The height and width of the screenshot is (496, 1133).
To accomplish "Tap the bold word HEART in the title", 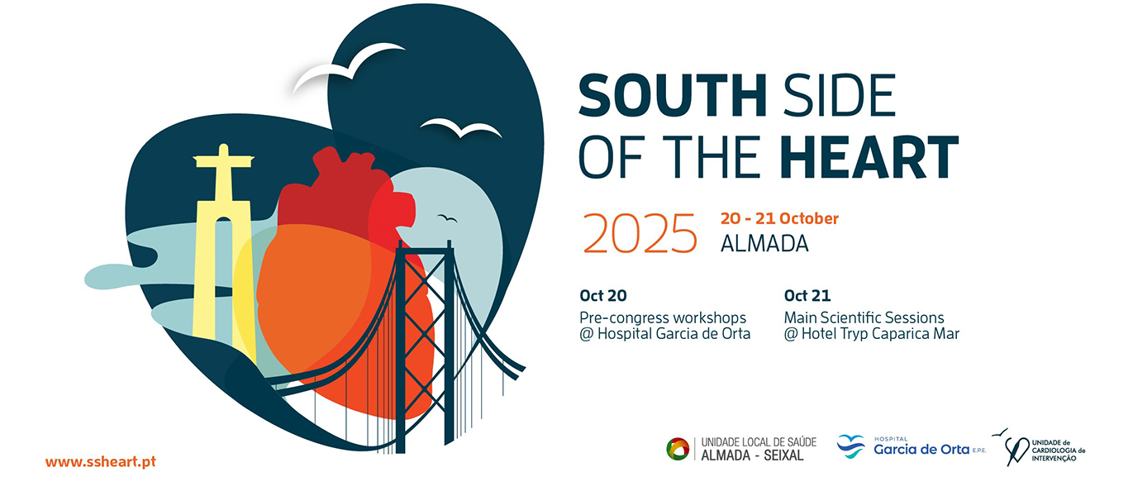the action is (x=869, y=157).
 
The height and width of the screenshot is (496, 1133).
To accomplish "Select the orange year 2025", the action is (x=640, y=233).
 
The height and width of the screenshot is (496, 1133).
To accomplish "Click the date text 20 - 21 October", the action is (x=779, y=218).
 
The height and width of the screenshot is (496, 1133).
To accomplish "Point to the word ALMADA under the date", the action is (x=764, y=244).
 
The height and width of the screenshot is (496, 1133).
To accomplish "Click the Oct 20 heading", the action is (x=603, y=295).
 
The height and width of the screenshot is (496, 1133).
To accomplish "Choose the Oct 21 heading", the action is (x=807, y=295).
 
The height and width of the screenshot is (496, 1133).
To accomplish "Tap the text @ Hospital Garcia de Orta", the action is (x=664, y=334).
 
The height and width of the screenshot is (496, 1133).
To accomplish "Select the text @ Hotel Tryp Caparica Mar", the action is (x=872, y=334).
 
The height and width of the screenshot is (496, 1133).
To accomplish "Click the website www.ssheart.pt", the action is (x=101, y=461).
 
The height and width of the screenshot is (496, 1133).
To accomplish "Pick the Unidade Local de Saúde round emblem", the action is (x=678, y=449).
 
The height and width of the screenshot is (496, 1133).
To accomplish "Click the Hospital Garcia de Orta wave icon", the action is (x=851, y=446).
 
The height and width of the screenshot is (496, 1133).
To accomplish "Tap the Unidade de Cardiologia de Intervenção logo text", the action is (x=1058, y=451).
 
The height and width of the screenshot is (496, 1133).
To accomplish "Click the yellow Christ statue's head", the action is (x=223, y=150).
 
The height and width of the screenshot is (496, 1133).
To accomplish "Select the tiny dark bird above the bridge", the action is (x=447, y=218).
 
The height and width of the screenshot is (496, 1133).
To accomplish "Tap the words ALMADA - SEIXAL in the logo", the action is (x=752, y=455).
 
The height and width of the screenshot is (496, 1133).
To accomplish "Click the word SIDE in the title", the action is (x=839, y=95).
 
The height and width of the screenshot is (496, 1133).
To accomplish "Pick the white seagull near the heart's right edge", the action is (x=461, y=129).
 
